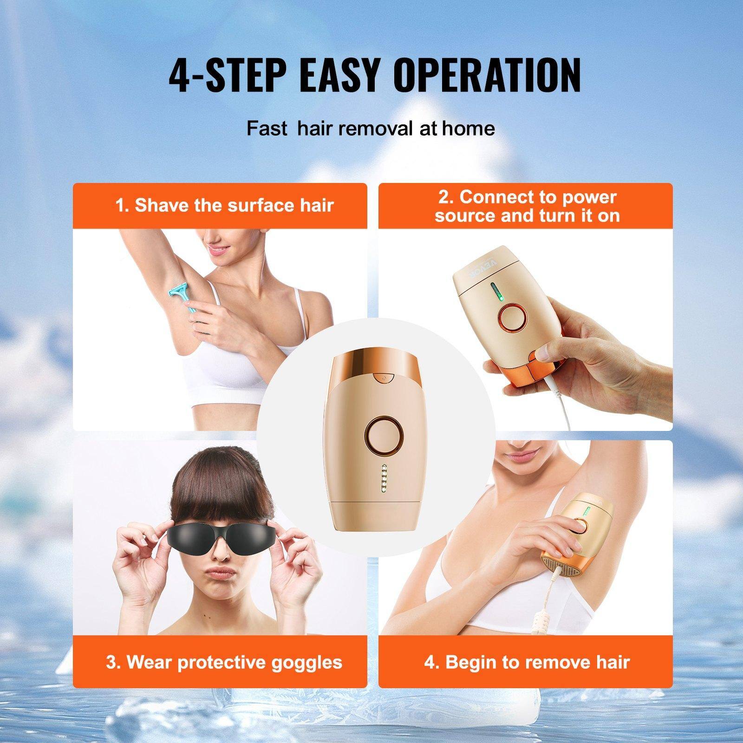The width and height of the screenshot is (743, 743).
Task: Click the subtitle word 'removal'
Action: [375, 128]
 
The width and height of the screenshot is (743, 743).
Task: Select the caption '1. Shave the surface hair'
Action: [225, 205]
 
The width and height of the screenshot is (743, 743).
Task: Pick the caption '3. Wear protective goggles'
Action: [224, 662]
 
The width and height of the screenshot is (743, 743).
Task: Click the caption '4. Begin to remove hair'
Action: [527, 662]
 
